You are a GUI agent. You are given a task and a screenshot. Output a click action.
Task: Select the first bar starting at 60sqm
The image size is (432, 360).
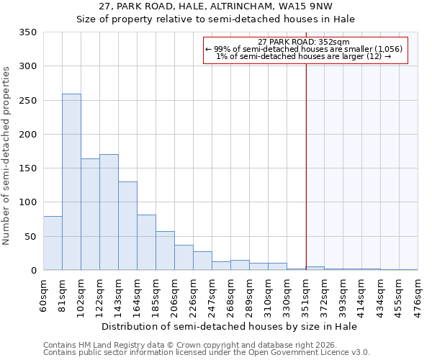click(53, 243)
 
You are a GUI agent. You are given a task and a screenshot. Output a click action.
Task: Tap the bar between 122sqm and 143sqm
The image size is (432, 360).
click(109, 212)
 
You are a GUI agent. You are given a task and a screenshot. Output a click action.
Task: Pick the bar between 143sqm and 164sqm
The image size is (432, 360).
click(127, 226)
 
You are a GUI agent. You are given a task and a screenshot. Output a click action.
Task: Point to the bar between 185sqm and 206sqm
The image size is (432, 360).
click(165, 251)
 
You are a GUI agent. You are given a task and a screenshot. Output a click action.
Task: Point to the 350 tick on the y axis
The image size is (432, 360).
click(27, 33)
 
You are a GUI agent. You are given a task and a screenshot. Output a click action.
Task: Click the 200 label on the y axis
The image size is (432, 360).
click(27, 135)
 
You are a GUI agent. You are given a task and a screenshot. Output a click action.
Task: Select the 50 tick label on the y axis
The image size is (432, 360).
click(30, 237)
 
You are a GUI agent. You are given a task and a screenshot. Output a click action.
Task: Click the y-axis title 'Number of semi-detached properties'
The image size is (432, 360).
click(7, 156)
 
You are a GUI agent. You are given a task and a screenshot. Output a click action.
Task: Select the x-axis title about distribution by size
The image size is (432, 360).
click(230, 326)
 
